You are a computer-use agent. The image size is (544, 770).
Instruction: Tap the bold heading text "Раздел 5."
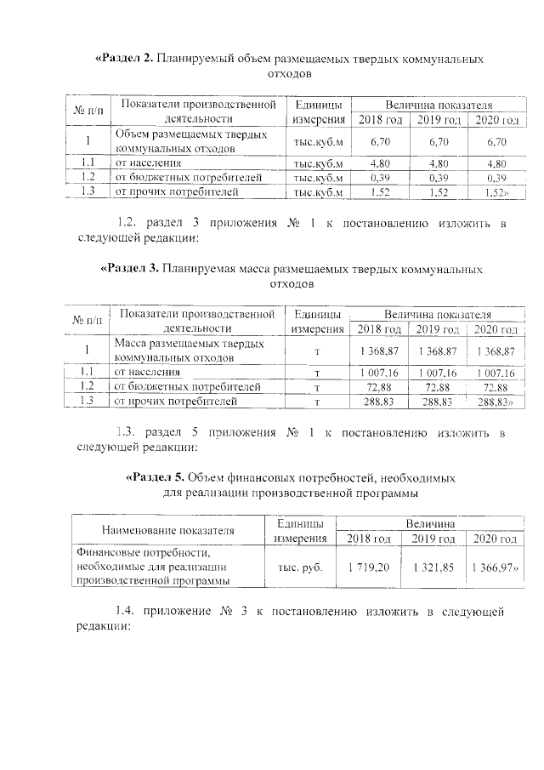pos(154,477)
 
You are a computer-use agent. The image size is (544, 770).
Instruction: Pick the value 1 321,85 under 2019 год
pos(433,567)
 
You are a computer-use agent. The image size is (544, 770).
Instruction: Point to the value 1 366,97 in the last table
pos(496,567)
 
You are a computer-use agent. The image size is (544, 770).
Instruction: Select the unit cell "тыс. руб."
pos(300,567)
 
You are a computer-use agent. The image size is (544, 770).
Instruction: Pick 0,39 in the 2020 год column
pos(496,178)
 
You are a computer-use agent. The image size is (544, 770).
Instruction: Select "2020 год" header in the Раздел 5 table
pos(496,539)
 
